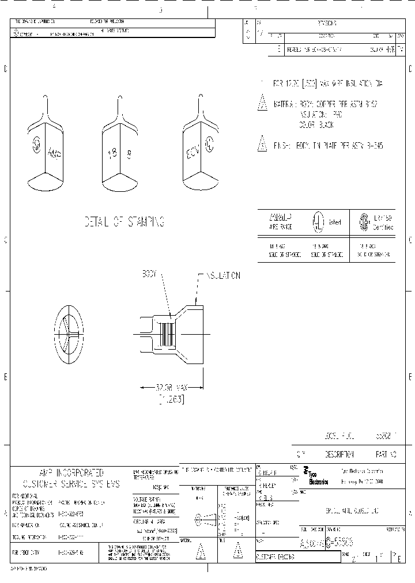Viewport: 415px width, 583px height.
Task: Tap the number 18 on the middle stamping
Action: (x=112, y=153)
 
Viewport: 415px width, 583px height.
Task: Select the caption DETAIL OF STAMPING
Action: (x=123, y=222)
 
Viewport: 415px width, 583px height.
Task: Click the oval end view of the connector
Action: (x=69, y=334)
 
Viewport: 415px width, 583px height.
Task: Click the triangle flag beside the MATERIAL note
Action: (x=262, y=104)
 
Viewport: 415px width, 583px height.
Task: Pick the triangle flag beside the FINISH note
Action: (x=262, y=145)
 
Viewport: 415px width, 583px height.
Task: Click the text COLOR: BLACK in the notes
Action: (x=315, y=124)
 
